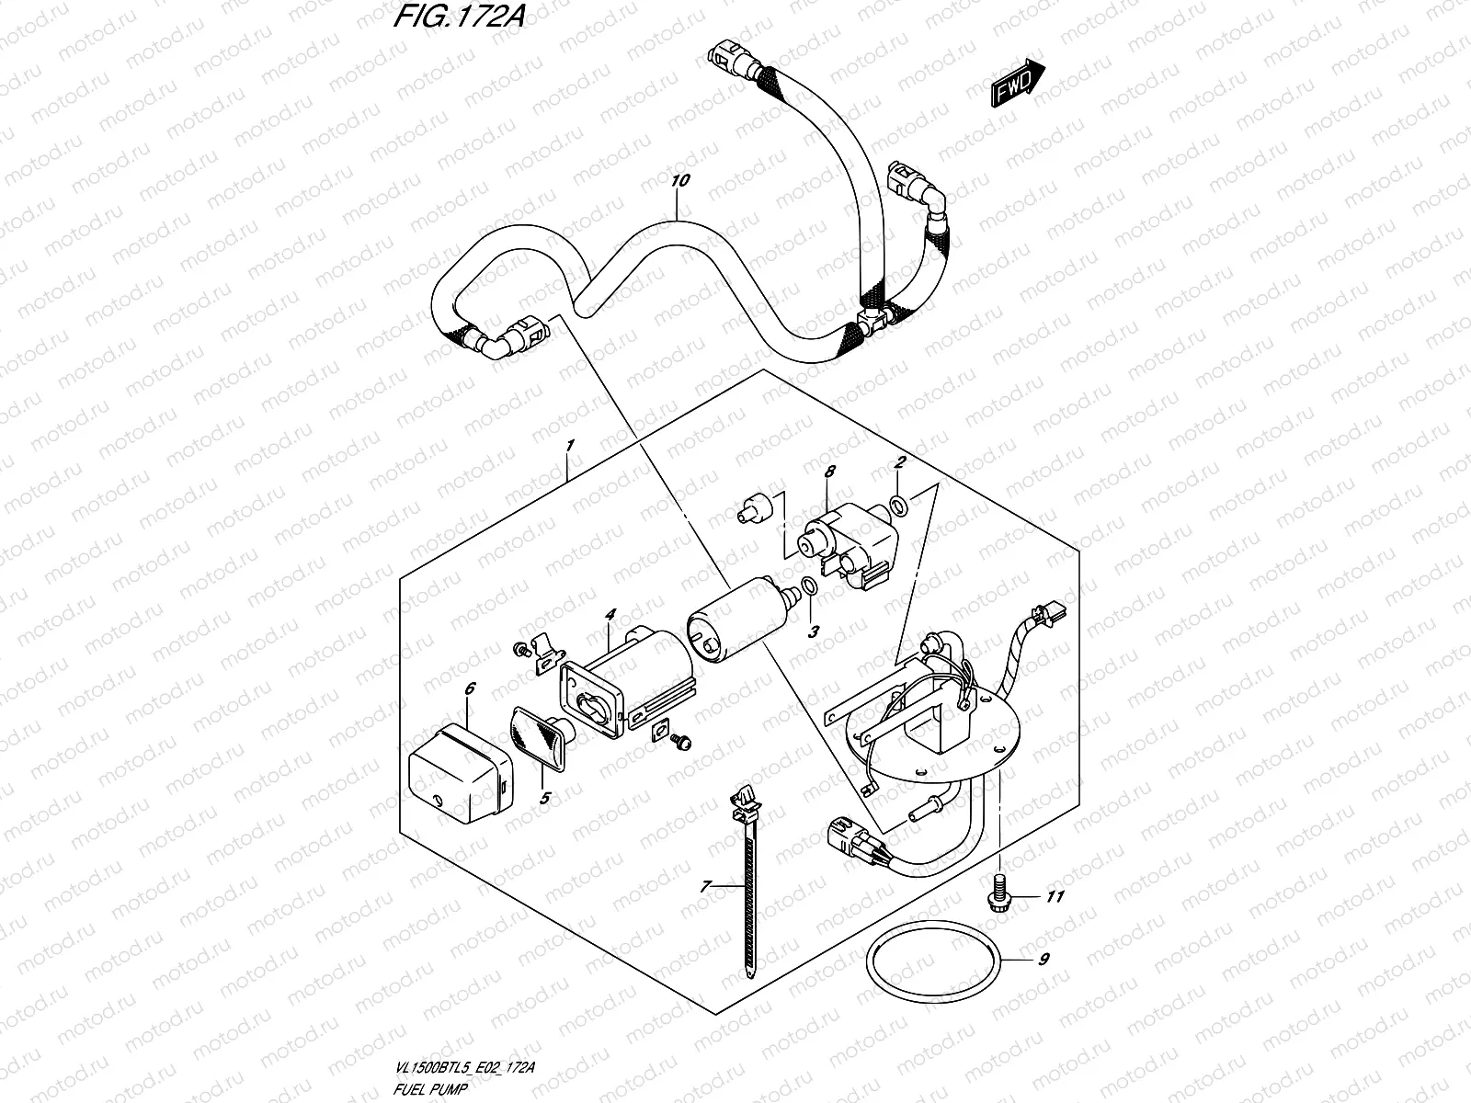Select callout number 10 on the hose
coord(679,181)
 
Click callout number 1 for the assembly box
coord(570,446)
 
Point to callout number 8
coord(829,472)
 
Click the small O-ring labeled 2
coord(899,504)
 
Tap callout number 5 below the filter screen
coord(544,798)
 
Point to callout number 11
coord(1055,895)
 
